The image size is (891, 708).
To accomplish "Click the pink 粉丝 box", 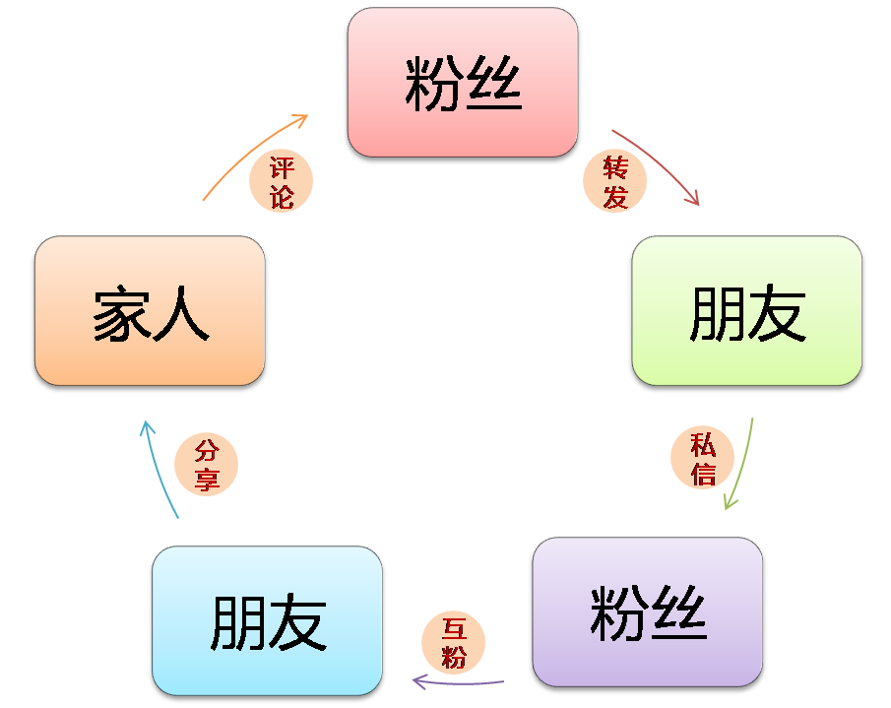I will pyautogui.click(x=462, y=82).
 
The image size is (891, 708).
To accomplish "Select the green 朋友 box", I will pyautogui.click(x=747, y=312).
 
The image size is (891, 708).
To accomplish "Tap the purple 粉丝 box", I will pyautogui.click(x=648, y=613).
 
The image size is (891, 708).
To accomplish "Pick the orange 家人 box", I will pyautogui.click(x=150, y=312).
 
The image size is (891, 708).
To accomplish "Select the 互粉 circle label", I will pyautogui.click(x=453, y=642).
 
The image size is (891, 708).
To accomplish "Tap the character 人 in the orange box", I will pyautogui.click(x=181, y=313).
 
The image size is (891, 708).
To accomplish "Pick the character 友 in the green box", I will pyautogui.click(x=778, y=315).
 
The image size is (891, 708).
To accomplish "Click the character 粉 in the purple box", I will pyautogui.click(x=617, y=613).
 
